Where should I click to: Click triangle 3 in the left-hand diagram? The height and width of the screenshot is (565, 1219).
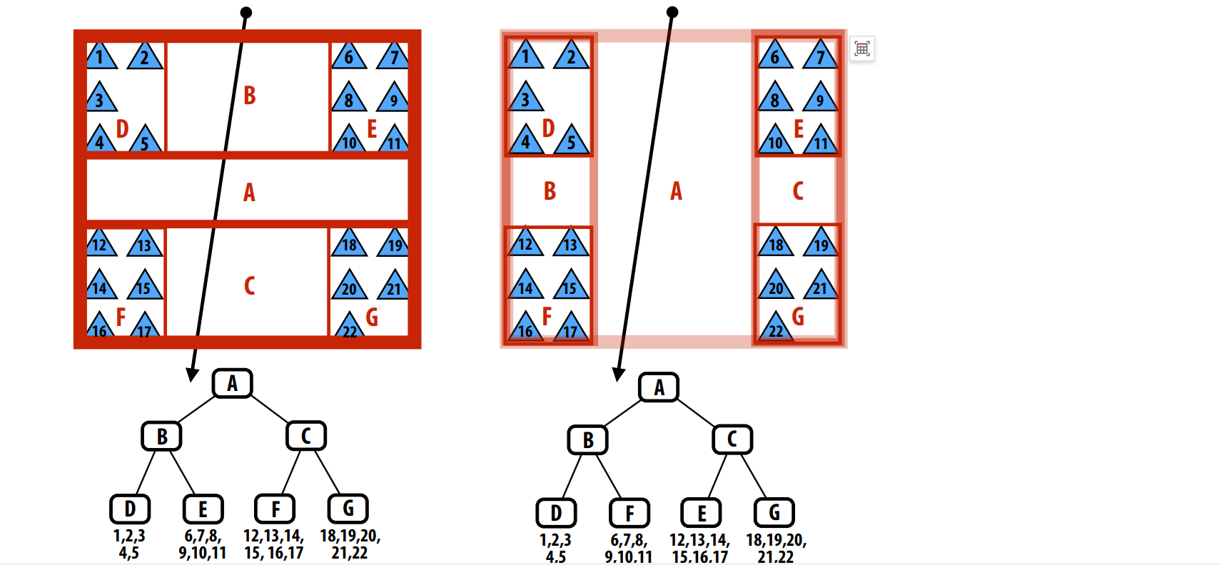101,98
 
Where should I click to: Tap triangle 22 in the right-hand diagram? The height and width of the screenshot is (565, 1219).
776,327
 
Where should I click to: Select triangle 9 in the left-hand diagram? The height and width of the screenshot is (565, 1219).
393,98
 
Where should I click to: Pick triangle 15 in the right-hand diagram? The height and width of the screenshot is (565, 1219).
570,285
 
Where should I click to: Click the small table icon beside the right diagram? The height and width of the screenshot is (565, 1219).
862,49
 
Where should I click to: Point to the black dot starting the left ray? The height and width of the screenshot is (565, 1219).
246,12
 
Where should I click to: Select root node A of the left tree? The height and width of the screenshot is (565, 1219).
233,384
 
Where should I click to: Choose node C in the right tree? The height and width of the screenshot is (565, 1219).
732,439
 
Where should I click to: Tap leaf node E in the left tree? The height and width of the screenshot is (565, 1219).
203,509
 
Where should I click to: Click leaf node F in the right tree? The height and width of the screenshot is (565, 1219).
629,513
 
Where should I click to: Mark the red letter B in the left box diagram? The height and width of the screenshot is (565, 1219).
249,96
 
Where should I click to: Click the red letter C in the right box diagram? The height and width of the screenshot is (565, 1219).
798,191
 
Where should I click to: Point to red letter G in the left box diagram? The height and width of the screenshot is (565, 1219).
372,317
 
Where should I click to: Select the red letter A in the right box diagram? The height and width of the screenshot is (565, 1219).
676,191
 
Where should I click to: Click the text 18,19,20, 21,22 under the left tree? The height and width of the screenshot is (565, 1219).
350,544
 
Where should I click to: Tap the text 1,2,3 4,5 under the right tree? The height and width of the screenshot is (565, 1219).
555,548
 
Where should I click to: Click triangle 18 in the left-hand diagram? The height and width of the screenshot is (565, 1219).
349,243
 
